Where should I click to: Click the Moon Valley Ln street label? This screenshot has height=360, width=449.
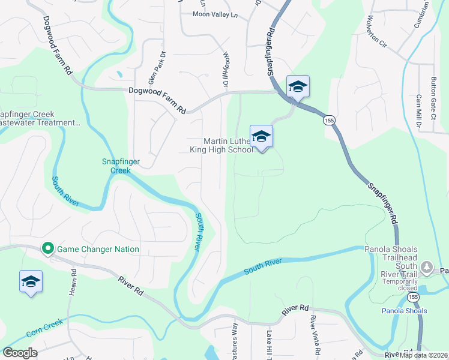tap(215, 14)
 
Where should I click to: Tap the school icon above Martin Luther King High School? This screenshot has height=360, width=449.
tap(261, 137)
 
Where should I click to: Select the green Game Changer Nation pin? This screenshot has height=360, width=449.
tap(47, 248)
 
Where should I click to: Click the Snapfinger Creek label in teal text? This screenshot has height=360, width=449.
tap(116, 166)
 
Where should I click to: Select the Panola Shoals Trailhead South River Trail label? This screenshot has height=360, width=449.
tap(391, 257)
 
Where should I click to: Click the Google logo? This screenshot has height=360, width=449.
tap(20, 352)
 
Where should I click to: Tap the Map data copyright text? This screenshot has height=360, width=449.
tap(424, 355)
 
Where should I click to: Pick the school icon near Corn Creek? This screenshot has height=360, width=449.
tap(31, 281)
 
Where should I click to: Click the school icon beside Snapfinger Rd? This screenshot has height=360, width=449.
tap(297, 87)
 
